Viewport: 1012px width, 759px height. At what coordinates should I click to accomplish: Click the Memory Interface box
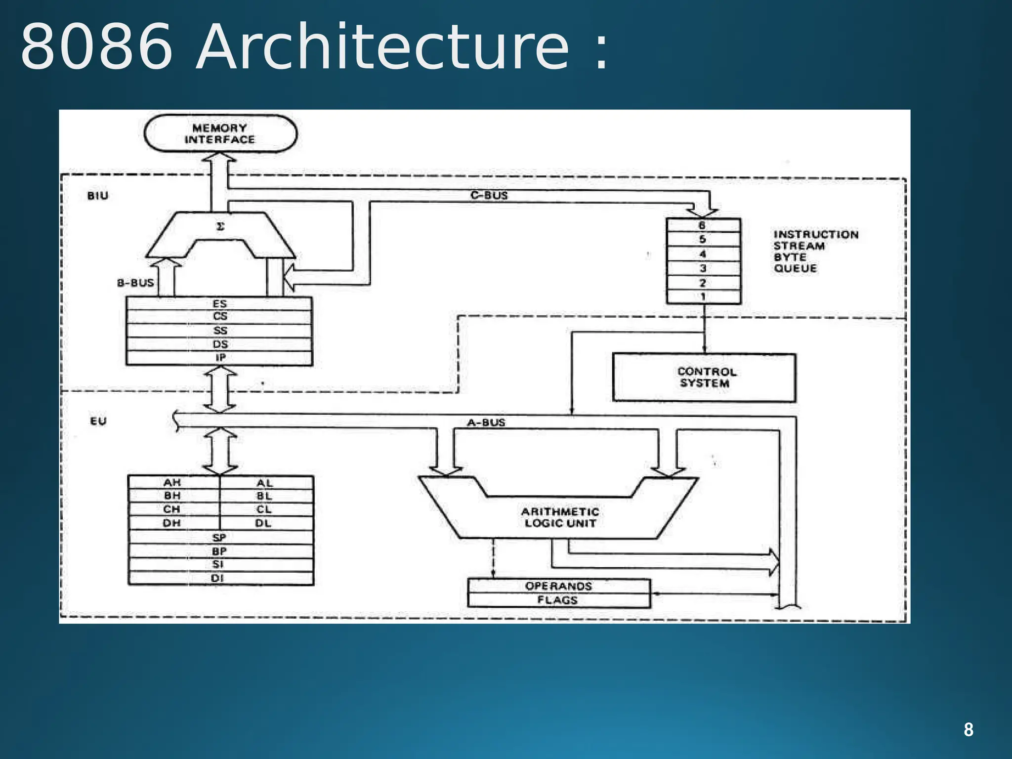pos(220,134)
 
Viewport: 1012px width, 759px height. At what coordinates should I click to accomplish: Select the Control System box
pos(704,378)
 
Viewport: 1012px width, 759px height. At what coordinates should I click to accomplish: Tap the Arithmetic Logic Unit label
pos(560,517)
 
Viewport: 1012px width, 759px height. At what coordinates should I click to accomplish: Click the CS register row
pos(219,317)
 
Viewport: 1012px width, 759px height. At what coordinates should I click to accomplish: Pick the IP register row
pos(219,358)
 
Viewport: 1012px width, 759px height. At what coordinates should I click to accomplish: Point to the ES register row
pos(219,303)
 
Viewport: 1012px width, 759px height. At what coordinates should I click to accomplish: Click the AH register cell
pos(172,482)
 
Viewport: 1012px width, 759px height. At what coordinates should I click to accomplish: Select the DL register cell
pos(264,523)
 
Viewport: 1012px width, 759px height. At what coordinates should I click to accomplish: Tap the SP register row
pos(219,537)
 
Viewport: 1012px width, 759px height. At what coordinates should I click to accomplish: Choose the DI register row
pos(219,578)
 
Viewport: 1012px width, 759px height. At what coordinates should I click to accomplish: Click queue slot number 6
pos(703,225)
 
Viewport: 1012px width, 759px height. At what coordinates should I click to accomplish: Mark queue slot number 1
pos(703,297)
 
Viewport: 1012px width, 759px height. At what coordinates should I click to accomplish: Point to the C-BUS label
pos(489,195)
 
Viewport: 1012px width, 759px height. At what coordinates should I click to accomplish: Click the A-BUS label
pos(486,422)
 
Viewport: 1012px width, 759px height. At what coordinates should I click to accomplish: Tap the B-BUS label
pos(135,283)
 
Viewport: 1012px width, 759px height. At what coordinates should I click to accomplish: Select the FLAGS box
pos(558,600)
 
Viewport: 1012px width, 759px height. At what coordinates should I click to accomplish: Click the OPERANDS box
pos(558,586)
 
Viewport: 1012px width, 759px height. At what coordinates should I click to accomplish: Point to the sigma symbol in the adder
pos(220,227)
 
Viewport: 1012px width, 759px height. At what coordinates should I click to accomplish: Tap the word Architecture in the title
pos(383,47)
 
